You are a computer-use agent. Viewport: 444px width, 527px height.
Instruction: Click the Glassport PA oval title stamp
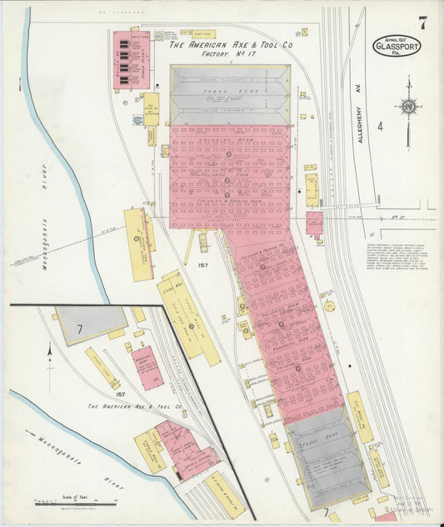[397, 45]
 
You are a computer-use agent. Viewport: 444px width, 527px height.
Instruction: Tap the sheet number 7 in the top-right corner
[422, 23]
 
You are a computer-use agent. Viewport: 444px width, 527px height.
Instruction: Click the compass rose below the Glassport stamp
[408, 106]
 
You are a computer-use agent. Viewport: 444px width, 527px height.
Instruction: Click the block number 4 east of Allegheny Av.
[379, 127]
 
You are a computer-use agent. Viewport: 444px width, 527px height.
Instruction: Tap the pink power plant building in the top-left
[131, 60]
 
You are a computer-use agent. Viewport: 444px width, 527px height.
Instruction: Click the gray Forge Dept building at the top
[230, 95]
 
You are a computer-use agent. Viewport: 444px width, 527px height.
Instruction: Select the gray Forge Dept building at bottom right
[328, 457]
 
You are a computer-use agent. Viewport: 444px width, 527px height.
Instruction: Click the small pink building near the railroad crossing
[314, 223]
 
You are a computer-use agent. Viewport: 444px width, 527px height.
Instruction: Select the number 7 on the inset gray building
[79, 330]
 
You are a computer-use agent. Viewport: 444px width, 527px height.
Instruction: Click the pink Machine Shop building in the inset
[147, 368]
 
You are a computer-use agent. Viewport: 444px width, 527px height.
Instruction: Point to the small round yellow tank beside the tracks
[329, 306]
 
